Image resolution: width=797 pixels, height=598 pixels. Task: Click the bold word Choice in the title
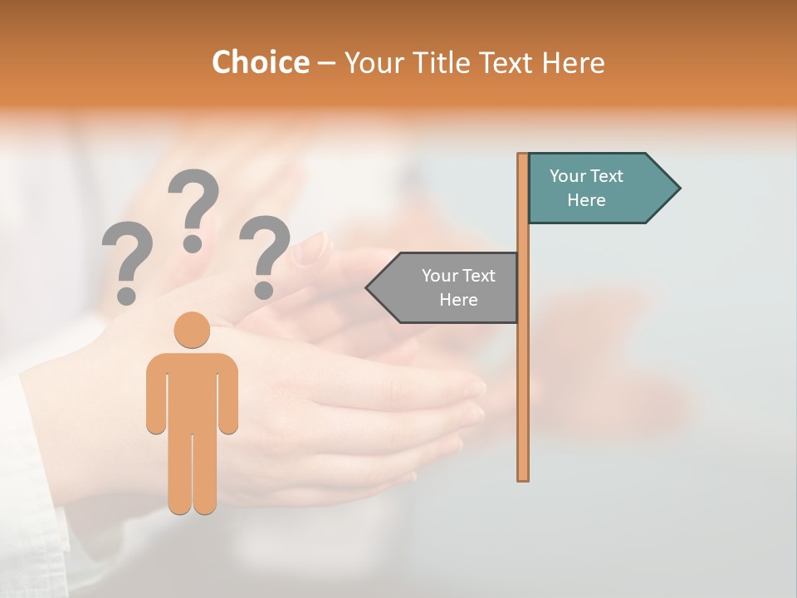(260, 63)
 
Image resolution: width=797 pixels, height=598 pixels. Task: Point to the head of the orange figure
(193, 329)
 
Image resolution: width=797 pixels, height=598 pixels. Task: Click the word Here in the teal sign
(586, 200)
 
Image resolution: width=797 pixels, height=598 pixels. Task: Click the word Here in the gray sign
(458, 300)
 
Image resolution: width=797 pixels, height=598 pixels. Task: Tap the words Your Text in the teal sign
(586, 176)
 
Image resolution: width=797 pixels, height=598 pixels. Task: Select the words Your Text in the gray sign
(458, 276)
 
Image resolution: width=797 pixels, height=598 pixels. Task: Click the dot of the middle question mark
(193, 243)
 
